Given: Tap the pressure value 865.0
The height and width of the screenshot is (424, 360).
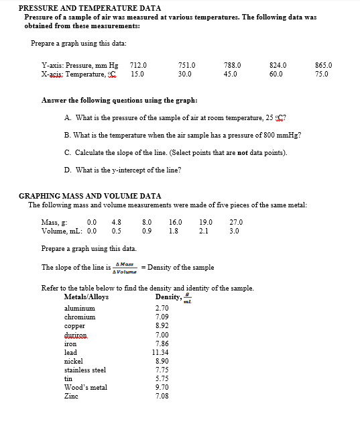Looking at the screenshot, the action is coord(323,65).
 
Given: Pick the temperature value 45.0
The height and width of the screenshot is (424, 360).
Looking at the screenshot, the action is coord(230,74).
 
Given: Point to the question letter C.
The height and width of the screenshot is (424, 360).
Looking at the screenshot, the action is coord(68,152).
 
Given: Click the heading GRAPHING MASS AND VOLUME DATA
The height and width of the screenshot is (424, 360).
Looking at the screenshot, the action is coord(90,196).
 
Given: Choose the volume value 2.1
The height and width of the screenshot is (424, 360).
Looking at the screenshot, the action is coord(204,231).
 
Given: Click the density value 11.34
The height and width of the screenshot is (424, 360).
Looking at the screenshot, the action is coord(161,352).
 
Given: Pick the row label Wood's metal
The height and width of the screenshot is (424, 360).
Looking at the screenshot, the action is coord(85,387).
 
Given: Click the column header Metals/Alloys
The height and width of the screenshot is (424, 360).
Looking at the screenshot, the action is coord(86,297).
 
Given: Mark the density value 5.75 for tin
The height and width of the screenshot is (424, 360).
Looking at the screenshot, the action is coord(161,378).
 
